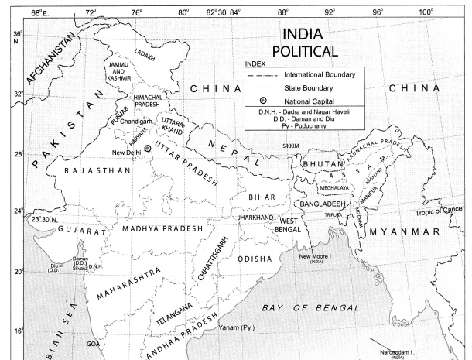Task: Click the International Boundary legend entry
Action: pyautogui.click(x=320, y=75)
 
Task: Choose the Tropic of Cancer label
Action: pyautogui.click(x=443, y=211)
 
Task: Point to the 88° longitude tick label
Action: pyautogui.click(x=284, y=12)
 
